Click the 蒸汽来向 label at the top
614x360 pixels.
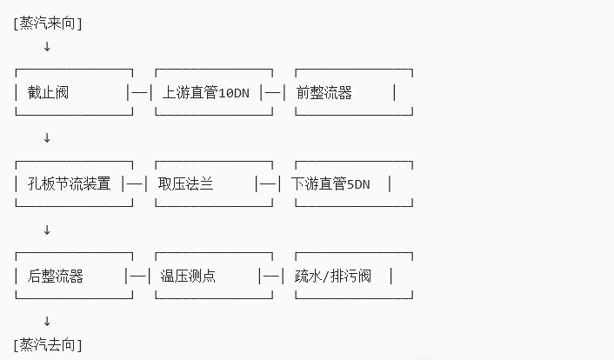[x=48, y=23]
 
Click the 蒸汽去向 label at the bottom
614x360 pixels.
[x=48, y=344]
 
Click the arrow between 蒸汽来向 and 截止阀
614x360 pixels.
[x=47, y=46]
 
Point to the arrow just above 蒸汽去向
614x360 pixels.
[x=47, y=322]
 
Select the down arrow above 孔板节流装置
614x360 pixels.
[x=47, y=137]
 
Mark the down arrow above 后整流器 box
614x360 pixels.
[x=47, y=230]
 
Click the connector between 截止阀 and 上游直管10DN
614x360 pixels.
[x=140, y=92]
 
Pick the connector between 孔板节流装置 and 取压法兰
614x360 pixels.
[x=137, y=183]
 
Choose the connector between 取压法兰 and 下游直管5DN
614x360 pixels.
[x=270, y=183]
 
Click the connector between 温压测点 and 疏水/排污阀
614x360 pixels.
[x=273, y=276]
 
